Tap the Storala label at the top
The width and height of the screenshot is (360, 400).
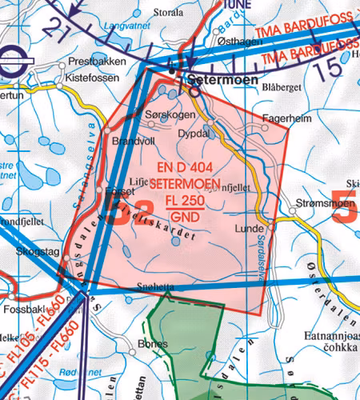168,14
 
